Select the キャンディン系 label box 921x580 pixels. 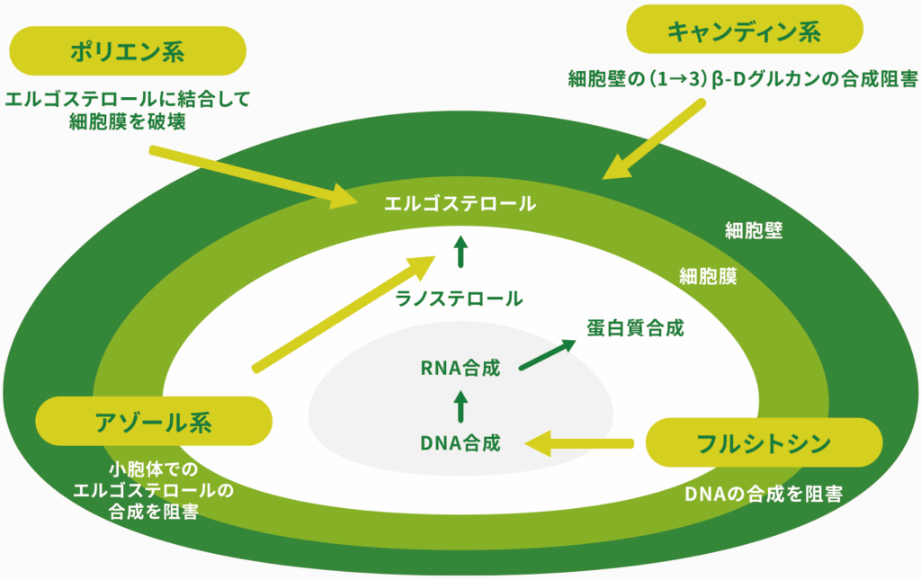tap(744, 31)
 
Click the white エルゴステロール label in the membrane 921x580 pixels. tap(460, 203)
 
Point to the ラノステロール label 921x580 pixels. tap(460, 299)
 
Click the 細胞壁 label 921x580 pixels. tap(754, 230)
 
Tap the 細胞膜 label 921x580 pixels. tap(708, 277)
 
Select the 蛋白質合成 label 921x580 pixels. tap(636, 327)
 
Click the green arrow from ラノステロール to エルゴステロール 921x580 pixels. tap(460, 252)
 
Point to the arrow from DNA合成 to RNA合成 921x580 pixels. tap(460, 405)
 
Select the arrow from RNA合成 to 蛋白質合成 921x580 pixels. tap(547, 355)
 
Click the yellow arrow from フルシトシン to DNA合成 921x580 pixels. tap(580, 442)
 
